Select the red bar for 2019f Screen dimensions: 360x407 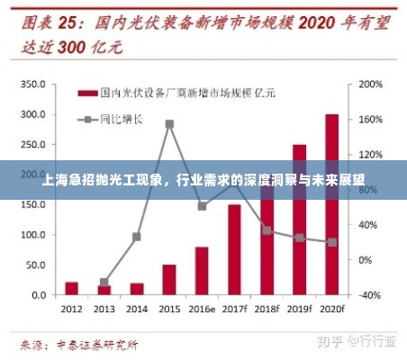point(299,220)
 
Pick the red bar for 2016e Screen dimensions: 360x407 point(202,271)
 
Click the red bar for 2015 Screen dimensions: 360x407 point(169,280)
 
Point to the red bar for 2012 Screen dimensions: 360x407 point(72,289)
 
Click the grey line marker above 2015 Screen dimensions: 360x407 point(169,124)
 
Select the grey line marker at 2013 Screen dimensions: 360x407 point(104,283)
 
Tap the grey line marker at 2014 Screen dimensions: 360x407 point(137,237)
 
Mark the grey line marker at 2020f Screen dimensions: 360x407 point(331,242)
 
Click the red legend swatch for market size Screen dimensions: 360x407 point(87,93)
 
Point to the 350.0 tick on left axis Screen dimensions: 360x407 point(32,84)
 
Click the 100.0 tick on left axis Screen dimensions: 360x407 point(32,235)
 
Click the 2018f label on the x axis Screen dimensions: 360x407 point(267,309)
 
